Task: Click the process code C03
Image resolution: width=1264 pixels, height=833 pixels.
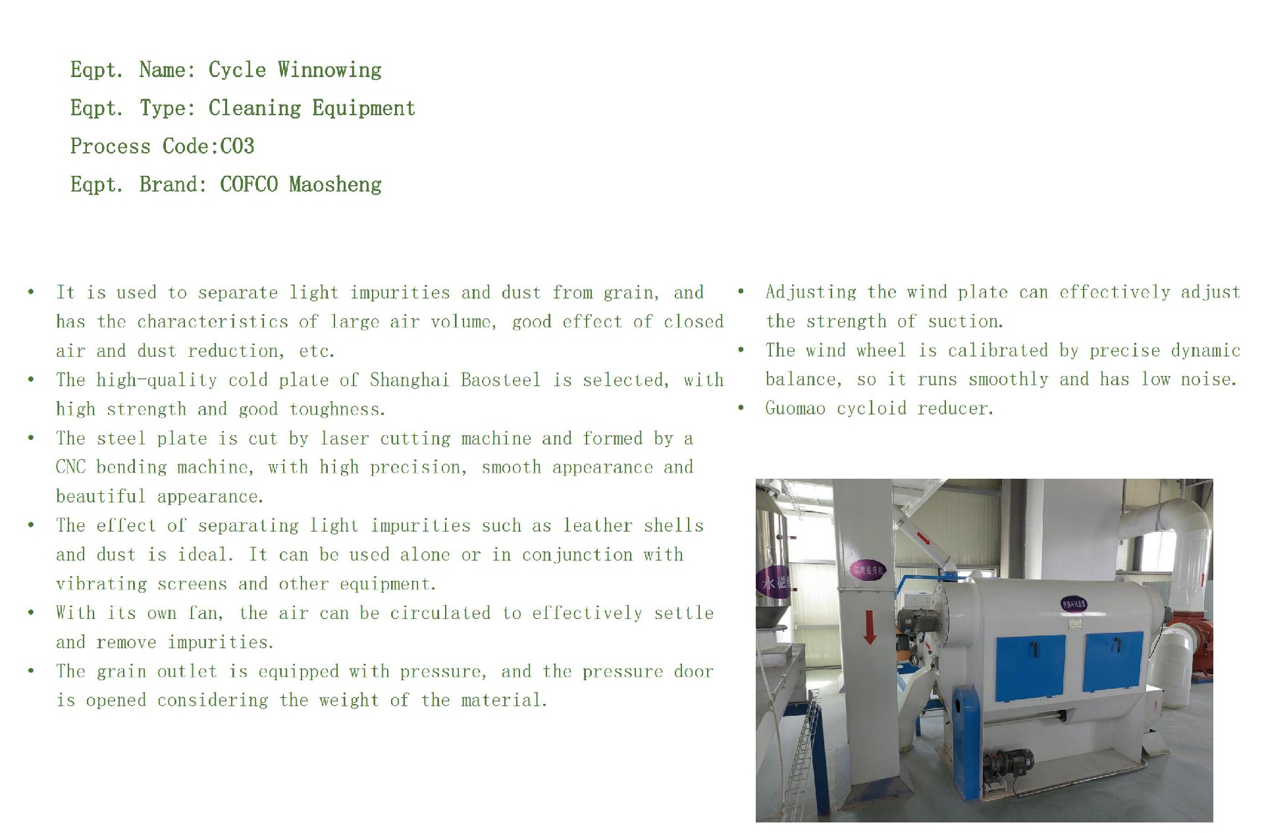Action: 237,146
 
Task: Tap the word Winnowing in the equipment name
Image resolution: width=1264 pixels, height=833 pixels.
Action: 329,70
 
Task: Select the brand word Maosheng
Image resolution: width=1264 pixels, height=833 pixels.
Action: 335,185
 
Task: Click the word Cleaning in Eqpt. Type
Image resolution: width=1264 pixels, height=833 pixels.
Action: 255,109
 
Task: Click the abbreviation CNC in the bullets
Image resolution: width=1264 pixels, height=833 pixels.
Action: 70,468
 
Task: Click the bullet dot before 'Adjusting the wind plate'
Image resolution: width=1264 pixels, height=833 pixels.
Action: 741,292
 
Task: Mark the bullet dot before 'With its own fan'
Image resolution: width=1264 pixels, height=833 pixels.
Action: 31,613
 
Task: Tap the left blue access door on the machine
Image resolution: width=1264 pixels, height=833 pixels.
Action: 1030,668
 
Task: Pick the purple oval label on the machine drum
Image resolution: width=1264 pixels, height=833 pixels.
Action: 1073,603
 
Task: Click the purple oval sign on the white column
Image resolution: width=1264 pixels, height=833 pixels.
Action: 868,570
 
